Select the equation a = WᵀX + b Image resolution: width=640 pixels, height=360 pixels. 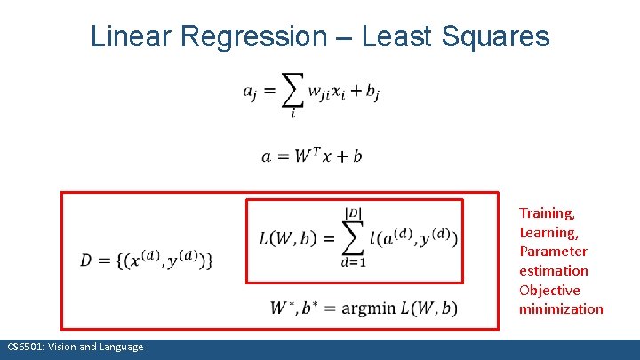[311, 156]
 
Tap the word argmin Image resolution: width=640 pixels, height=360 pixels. [362, 308]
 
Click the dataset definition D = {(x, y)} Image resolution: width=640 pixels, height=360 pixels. [147, 260]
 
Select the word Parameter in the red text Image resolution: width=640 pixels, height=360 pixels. [553, 251]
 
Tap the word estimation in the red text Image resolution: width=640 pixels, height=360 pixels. [554, 270]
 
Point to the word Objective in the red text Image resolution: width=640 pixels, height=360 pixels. [549, 290]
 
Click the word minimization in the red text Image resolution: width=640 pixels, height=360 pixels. [561, 309]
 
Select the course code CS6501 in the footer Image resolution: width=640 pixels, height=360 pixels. [24, 347]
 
